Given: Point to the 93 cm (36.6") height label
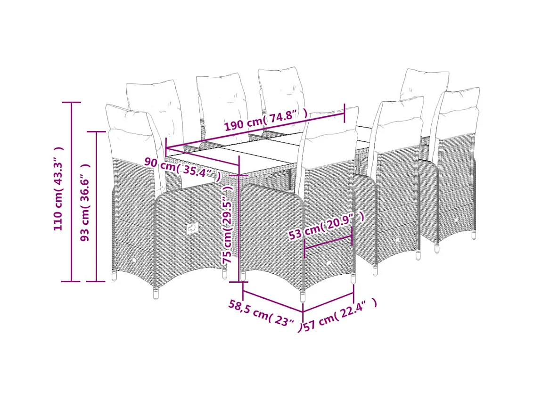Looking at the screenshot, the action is (x=85, y=203).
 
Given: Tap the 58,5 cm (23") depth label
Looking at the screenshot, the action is (x=262, y=316).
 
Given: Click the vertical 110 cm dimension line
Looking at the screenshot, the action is (x=71, y=191).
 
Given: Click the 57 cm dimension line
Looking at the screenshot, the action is (x=328, y=302).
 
